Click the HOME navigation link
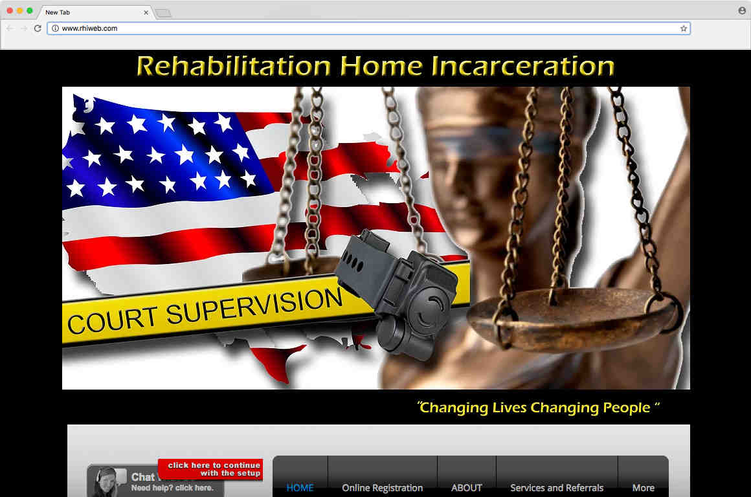(x=300, y=488)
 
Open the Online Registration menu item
(x=382, y=488)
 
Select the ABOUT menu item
(x=467, y=488)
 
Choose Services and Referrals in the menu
(x=557, y=488)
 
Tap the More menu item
(x=643, y=488)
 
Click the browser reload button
(x=38, y=28)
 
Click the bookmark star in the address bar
(x=683, y=28)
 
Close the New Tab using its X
(x=146, y=12)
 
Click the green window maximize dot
(x=30, y=11)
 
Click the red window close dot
(x=9, y=11)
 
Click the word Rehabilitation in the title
(x=233, y=67)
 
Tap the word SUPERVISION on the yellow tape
(x=254, y=307)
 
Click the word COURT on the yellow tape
(x=111, y=320)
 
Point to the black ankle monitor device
(x=401, y=291)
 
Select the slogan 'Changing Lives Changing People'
(x=538, y=408)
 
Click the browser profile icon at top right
(x=742, y=11)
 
